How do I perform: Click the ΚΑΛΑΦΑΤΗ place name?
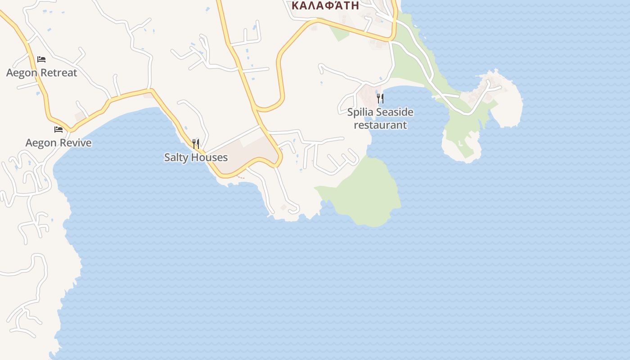click(325, 5)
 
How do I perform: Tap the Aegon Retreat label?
click(41, 72)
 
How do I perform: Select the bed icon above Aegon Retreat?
click(41, 59)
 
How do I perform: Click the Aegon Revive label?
click(58, 143)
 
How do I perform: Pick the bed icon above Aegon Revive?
click(58, 130)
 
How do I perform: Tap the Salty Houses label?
click(196, 157)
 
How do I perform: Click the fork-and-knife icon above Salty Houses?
click(196, 144)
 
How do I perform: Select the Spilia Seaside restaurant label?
click(380, 118)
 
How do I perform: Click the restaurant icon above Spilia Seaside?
click(380, 98)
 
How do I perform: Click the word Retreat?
click(58, 72)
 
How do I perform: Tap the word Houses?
click(210, 157)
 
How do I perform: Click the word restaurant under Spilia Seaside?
click(380, 125)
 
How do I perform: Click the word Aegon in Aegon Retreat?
click(21, 72)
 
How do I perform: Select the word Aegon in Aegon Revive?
click(40, 143)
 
